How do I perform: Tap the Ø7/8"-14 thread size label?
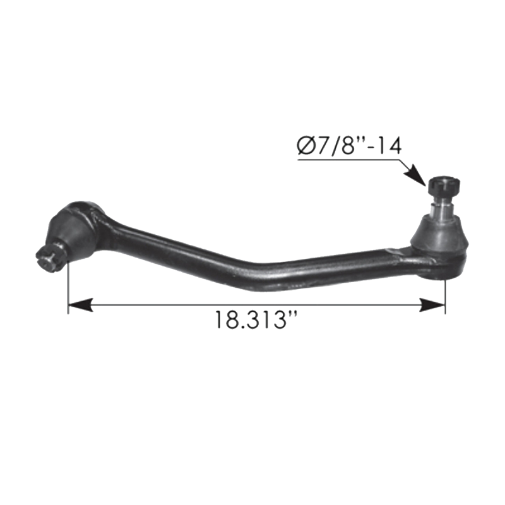click(349, 147)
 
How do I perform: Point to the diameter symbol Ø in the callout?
click(306, 147)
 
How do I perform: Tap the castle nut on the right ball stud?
click(444, 186)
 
